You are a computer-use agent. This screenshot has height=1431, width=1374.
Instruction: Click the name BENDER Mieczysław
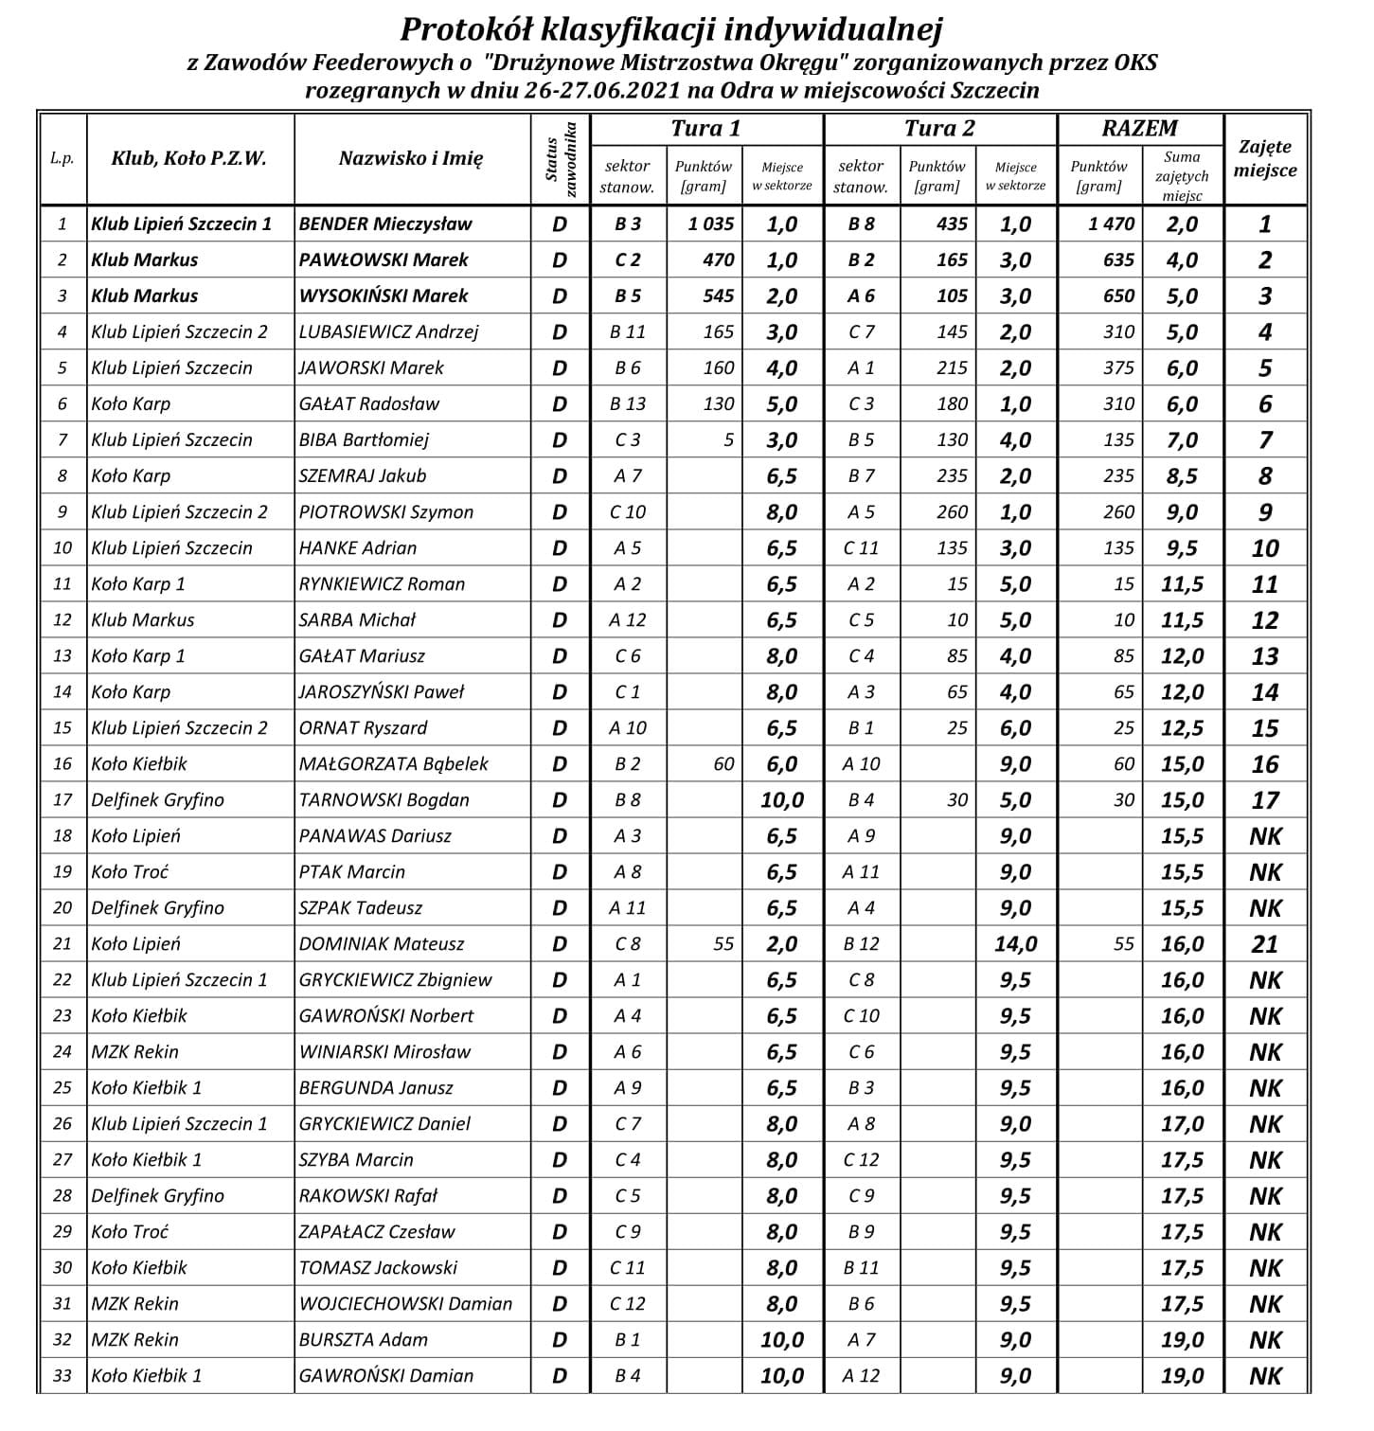tap(385, 224)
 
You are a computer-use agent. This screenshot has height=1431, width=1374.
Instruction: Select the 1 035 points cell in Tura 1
tap(705, 224)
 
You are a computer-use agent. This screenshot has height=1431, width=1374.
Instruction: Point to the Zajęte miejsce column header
tap(1265, 159)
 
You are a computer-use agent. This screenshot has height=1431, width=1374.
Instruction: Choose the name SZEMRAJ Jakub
tap(363, 476)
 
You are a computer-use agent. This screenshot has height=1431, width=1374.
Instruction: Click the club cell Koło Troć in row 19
tap(130, 872)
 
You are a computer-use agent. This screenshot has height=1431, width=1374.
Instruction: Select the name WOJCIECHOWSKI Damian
tap(405, 1304)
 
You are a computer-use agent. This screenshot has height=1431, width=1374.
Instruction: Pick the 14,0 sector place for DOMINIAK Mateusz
tap(1015, 944)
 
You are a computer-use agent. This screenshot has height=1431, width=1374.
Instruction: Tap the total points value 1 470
tap(1111, 224)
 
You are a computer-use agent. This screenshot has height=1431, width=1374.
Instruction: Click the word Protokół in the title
tap(460, 29)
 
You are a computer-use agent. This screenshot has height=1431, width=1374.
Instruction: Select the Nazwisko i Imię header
tap(411, 159)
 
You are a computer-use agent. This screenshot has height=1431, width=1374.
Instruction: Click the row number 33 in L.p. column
tap(62, 1376)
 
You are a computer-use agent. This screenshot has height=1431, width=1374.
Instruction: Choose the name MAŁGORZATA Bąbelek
tap(393, 764)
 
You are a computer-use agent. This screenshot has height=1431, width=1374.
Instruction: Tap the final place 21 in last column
tap(1265, 944)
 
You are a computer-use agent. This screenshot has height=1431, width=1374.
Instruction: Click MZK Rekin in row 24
tap(134, 1052)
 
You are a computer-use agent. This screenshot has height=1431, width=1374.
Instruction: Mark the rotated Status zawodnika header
tap(560, 159)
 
